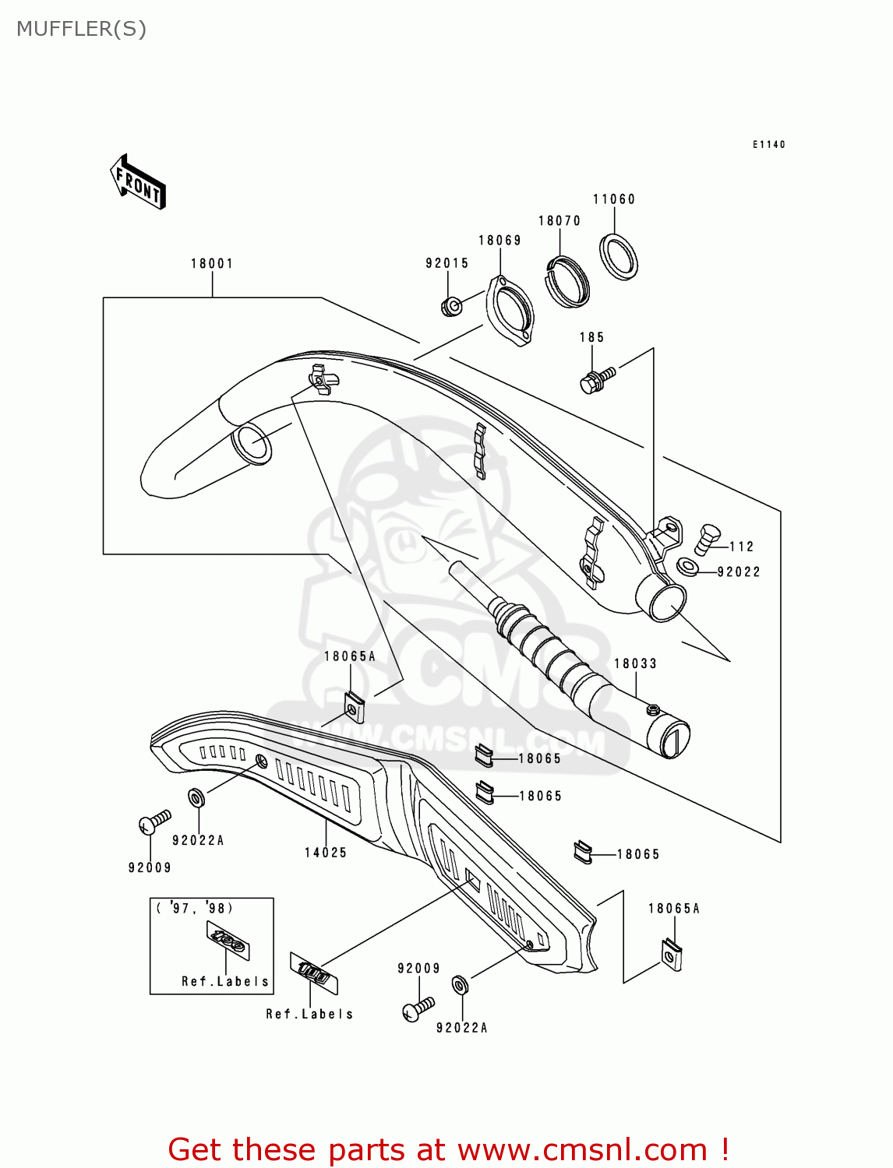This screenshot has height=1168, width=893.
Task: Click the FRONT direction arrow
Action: coord(138,181)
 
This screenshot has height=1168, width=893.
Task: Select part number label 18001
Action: coord(212,263)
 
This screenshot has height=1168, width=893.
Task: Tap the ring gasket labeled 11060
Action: coord(618,255)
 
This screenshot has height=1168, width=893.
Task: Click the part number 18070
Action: coord(559,220)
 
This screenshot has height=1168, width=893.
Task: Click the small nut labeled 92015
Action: coord(451,306)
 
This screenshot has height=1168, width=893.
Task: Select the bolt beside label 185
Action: coord(597,380)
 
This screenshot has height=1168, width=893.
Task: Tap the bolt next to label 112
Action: coord(706,538)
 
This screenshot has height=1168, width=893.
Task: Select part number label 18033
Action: coord(635,663)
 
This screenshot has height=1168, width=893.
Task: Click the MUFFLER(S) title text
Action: coord(81,29)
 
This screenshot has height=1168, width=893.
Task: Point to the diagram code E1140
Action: coord(768,144)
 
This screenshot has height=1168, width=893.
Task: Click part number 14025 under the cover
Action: coord(326,853)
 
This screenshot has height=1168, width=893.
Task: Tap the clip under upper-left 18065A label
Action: coord(355,707)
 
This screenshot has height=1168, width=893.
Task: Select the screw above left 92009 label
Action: coord(154,821)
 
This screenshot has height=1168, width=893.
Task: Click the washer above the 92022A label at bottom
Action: coord(461,986)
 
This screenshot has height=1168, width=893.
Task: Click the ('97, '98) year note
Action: coord(195,908)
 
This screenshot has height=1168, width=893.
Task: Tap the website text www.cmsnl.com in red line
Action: coord(581,1149)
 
